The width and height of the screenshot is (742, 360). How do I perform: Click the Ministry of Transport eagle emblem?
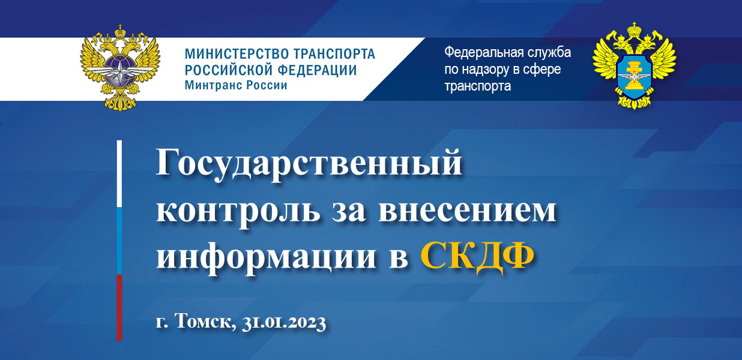pos(120,68)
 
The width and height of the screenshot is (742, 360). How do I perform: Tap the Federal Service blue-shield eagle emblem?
pos(634,65)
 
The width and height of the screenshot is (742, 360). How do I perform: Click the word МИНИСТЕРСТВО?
pos(237,54)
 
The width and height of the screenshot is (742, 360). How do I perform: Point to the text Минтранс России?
pos(236,85)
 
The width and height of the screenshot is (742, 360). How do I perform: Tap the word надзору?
pos(491,70)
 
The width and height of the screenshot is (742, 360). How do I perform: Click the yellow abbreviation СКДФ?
pos(477,257)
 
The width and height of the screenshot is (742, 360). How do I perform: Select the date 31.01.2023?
pos(284,322)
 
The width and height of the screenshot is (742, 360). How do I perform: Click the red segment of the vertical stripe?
pos(119,308)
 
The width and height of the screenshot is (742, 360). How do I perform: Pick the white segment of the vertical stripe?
pos(119,174)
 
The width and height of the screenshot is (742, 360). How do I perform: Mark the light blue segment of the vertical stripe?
pos(119,241)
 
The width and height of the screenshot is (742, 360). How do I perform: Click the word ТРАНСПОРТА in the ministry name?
pos(334,54)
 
